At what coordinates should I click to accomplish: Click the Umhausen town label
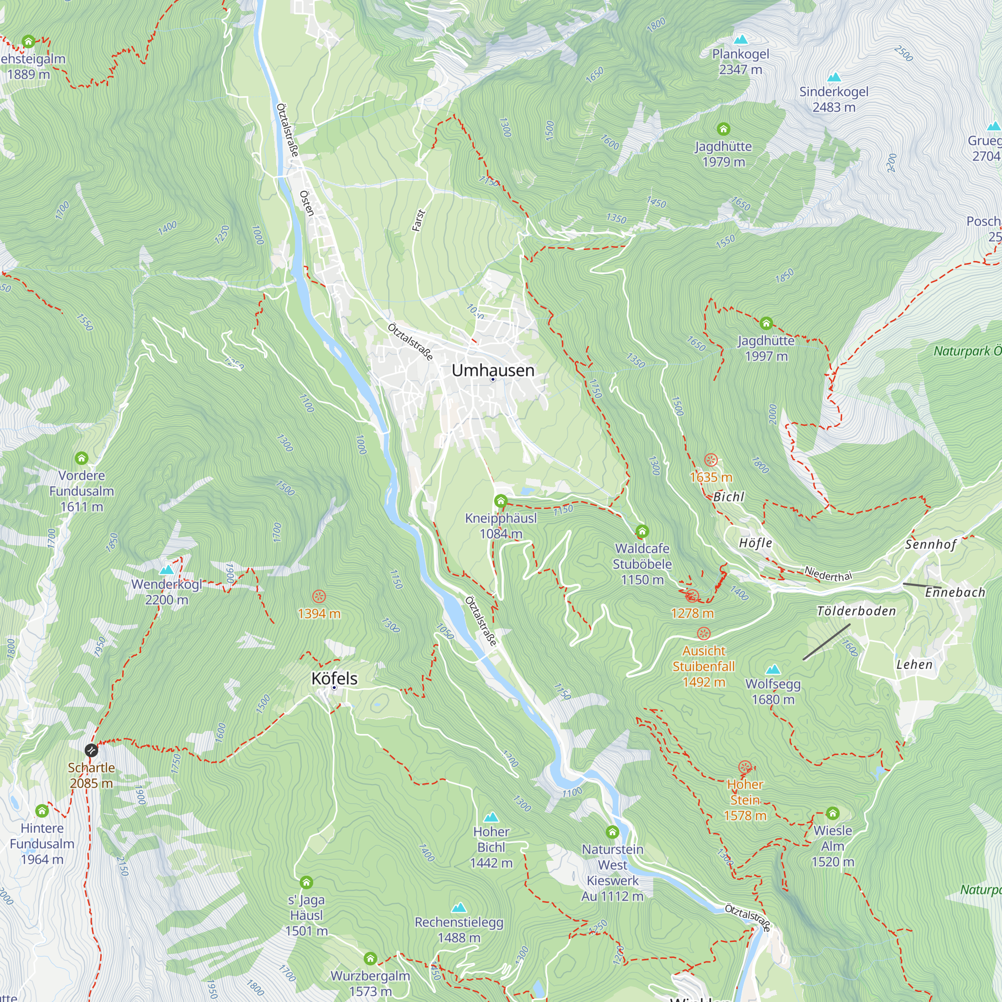492,370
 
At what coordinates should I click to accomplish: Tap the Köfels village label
335,678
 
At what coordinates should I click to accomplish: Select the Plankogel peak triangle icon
741,40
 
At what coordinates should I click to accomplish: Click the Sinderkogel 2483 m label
834,99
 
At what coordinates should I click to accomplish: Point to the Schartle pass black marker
91,750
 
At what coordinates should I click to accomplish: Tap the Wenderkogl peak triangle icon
166,570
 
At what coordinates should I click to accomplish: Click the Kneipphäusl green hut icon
500,501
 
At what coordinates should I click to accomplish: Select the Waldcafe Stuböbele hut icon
642,531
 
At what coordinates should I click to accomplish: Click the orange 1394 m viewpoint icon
319,596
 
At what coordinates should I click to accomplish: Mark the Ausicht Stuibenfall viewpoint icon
703,633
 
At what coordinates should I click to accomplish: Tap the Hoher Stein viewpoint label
745,799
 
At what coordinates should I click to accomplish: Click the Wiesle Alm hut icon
832,813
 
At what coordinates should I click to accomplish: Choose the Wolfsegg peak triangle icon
773,669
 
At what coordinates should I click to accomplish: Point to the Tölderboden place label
856,611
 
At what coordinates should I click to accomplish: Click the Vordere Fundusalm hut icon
82,458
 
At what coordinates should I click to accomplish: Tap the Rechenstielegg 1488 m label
459,930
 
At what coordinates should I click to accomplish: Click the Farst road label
418,220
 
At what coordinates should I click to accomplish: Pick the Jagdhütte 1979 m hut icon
723,129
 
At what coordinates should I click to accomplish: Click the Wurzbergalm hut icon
370,958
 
